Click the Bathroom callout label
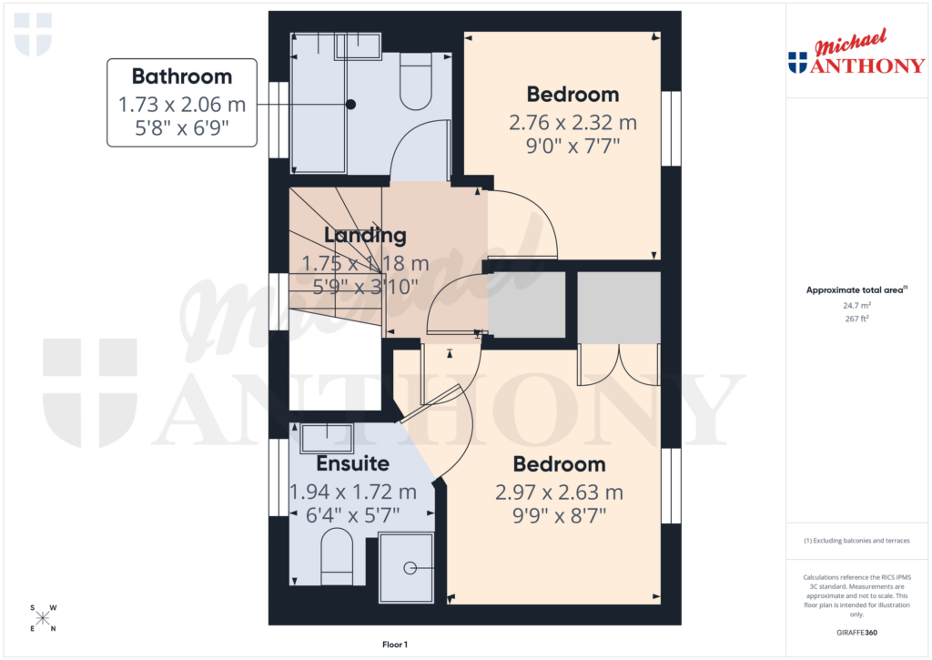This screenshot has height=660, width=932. pos(181,76)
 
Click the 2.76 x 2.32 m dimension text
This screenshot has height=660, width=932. pos(572,122)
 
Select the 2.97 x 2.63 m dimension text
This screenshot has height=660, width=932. pos(559,492)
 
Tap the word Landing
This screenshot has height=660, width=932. pos(365,235)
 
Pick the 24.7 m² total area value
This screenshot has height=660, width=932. pos(856,306)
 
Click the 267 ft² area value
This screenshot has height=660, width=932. pos(856,319)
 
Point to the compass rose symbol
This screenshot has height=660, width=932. pos(43,618)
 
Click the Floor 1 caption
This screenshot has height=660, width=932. pos(395,645)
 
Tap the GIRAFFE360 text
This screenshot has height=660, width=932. pos(856,633)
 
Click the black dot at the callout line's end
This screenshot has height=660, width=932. pos(350,105)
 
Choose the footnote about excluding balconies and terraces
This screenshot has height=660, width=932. pos(856,541)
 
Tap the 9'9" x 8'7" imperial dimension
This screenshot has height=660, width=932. pos(559,516)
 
